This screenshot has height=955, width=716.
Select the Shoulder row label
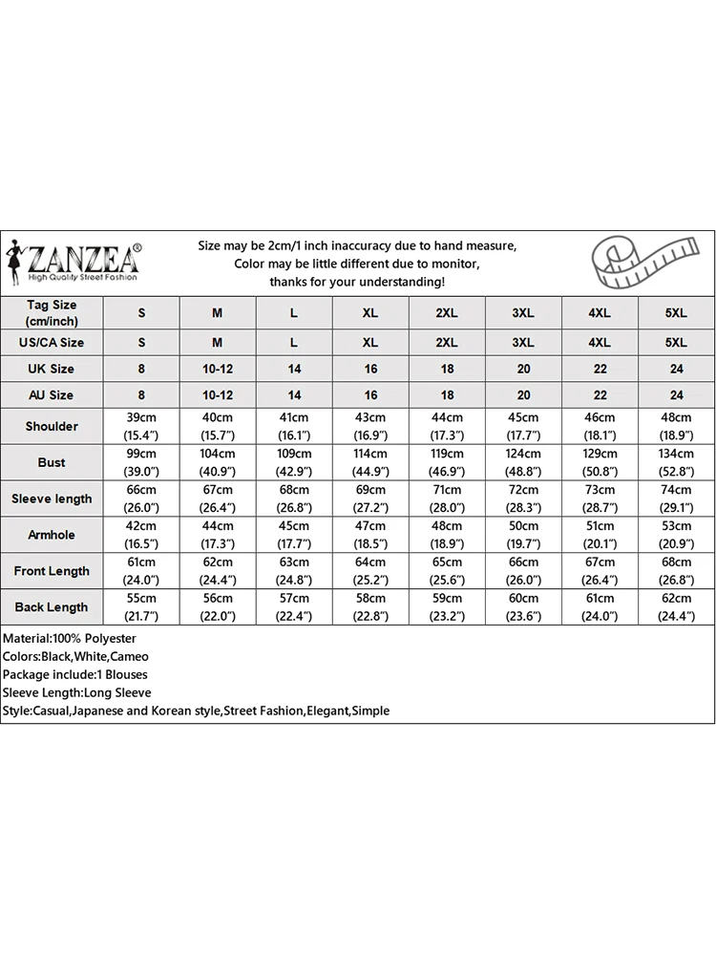point(52,426)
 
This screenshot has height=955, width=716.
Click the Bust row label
point(52,462)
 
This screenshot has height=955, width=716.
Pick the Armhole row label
point(52,535)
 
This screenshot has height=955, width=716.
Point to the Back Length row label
point(52,607)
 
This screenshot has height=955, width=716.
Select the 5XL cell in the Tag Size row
point(676,312)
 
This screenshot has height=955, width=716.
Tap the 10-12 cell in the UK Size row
point(218,369)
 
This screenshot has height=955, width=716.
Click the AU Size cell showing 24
point(676,394)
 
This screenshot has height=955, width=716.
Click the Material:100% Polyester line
point(70,638)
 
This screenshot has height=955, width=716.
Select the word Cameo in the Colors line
point(130,656)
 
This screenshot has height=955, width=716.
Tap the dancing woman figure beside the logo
point(14,259)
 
